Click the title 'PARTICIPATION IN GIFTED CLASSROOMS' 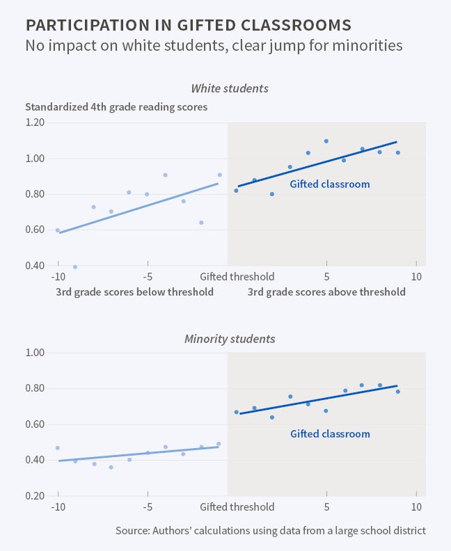click(x=188, y=26)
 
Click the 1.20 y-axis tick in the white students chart click(x=35, y=122)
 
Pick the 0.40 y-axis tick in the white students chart click(x=35, y=266)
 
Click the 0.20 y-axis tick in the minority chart click(x=35, y=496)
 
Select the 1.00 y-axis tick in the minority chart click(x=35, y=353)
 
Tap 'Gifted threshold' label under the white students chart click(x=237, y=276)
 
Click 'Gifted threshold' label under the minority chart click(x=237, y=506)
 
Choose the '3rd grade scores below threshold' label click(x=134, y=292)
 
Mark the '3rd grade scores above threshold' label click(x=326, y=292)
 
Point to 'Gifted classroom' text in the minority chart click(x=330, y=433)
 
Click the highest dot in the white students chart click(x=326, y=141)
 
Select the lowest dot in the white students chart click(x=75, y=266)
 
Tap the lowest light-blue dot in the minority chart click(x=111, y=468)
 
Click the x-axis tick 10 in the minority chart click(x=416, y=506)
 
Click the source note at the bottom click(x=271, y=531)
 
